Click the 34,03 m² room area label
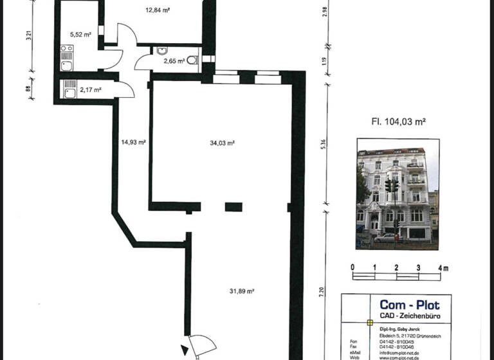pos(221,143)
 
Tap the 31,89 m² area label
pos(242,291)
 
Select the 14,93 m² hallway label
pos(133,143)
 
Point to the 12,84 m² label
pos(156,10)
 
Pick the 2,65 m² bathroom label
pos(174,61)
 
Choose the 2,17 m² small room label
pos(91,90)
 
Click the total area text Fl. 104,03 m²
pos(399,120)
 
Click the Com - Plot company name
pos(409,305)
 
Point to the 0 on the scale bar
pos(352,267)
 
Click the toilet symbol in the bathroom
pos(191,61)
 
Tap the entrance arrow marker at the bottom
pos(185,351)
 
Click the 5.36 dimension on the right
pos(324,146)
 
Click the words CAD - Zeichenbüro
pos(409,317)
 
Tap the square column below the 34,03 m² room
pos(233,207)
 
